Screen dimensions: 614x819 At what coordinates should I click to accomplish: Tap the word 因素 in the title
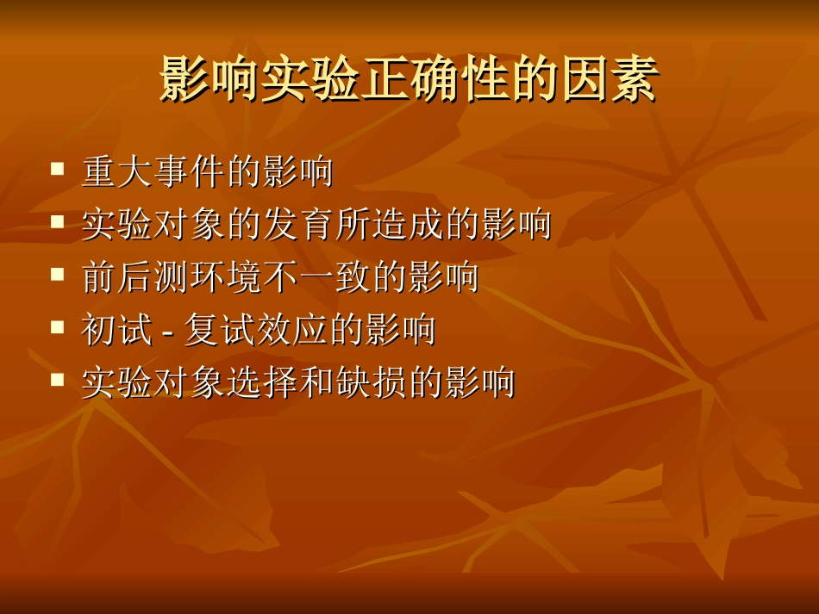[609, 81]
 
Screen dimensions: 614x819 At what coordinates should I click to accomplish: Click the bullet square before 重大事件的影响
[58, 169]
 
